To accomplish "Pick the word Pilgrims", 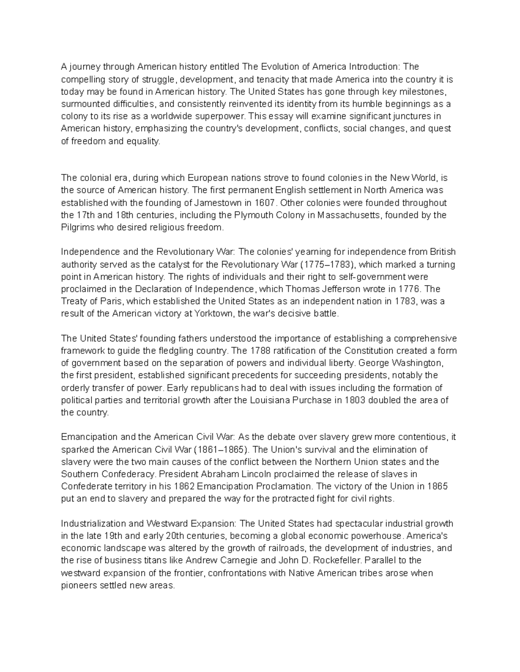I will click(x=76, y=228).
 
